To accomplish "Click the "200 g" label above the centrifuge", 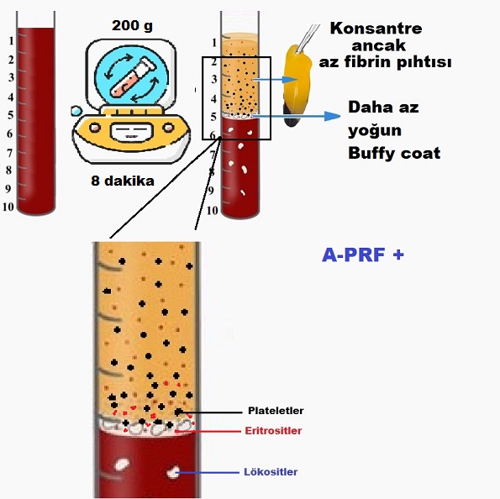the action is [x=132, y=26].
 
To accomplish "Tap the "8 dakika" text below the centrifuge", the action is [x=123, y=181].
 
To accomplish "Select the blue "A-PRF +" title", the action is [x=363, y=255].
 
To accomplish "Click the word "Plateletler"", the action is [x=276, y=411].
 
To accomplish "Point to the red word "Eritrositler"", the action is [x=273, y=431].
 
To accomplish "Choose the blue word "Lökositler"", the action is [x=271, y=472].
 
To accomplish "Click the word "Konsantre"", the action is [x=376, y=29].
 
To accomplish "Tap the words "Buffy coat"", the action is [x=394, y=153].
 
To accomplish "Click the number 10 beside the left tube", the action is [x=8, y=207].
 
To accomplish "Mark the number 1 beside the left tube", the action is [x=12, y=41].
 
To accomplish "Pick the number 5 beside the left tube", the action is [x=11, y=115].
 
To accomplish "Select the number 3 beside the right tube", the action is [x=214, y=79].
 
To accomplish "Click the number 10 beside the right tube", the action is [x=213, y=211].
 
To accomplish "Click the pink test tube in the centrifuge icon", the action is [x=130, y=76].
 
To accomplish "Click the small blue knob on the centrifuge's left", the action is [x=76, y=111].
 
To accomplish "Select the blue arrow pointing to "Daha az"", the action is [x=297, y=116].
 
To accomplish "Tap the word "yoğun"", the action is [x=375, y=131].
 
